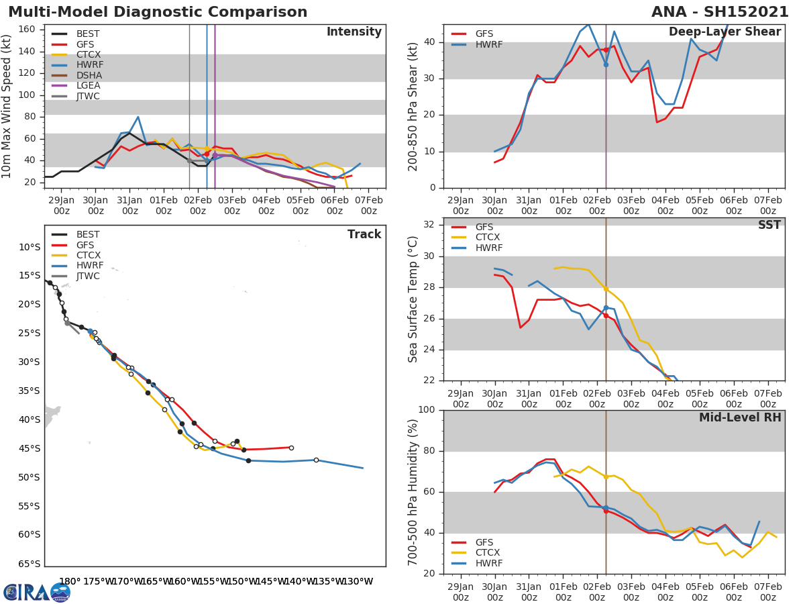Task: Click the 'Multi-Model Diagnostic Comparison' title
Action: (158, 12)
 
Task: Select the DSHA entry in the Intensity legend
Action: (89, 75)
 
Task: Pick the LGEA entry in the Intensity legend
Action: (89, 86)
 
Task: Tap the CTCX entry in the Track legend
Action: (88, 256)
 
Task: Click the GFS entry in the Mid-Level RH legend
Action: (484, 542)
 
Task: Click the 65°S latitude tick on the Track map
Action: (29, 564)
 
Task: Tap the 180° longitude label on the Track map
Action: (69, 581)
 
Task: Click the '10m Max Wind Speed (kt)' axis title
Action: (7, 107)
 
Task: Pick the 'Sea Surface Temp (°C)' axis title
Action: (413, 299)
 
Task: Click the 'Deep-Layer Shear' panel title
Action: (724, 32)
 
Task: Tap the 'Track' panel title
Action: (364, 234)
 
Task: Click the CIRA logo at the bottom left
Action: (37, 592)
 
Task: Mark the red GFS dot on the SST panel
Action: (606, 315)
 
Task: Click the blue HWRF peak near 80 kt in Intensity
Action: (138, 117)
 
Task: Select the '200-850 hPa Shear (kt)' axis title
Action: (413, 107)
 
